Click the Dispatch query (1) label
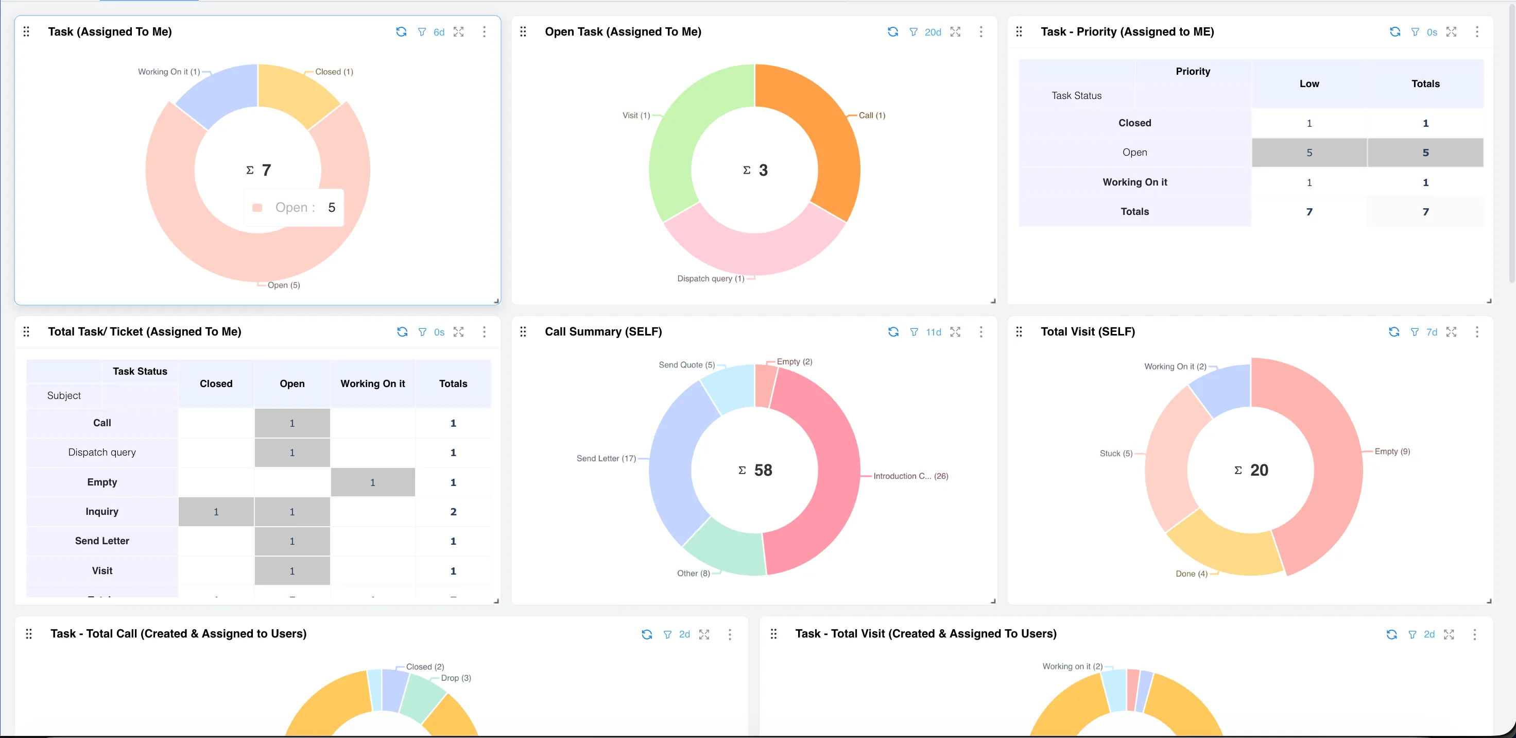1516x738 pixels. pyautogui.click(x=710, y=279)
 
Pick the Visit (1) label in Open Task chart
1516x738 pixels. pyautogui.click(x=635, y=115)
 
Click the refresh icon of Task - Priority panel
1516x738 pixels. pyautogui.click(x=1394, y=32)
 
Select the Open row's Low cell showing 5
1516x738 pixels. pyautogui.click(x=1309, y=153)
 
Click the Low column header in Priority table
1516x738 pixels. pyautogui.click(x=1309, y=83)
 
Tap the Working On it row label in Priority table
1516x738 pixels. pyautogui.click(x=1134, y=182)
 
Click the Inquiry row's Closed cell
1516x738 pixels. pyautogui.click(x=216, y=512)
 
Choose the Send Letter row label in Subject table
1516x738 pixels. pyautogui.click(x=102, y=541)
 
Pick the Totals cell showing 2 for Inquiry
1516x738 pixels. pyautogui.click(x=453, y=512)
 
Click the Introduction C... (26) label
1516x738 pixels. pyautogui.click(x=910, y=476)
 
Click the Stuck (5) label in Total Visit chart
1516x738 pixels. pyautogui.click(x=1115, y=454)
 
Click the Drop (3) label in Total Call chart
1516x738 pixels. pyautogui.click(x=456, y=678)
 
